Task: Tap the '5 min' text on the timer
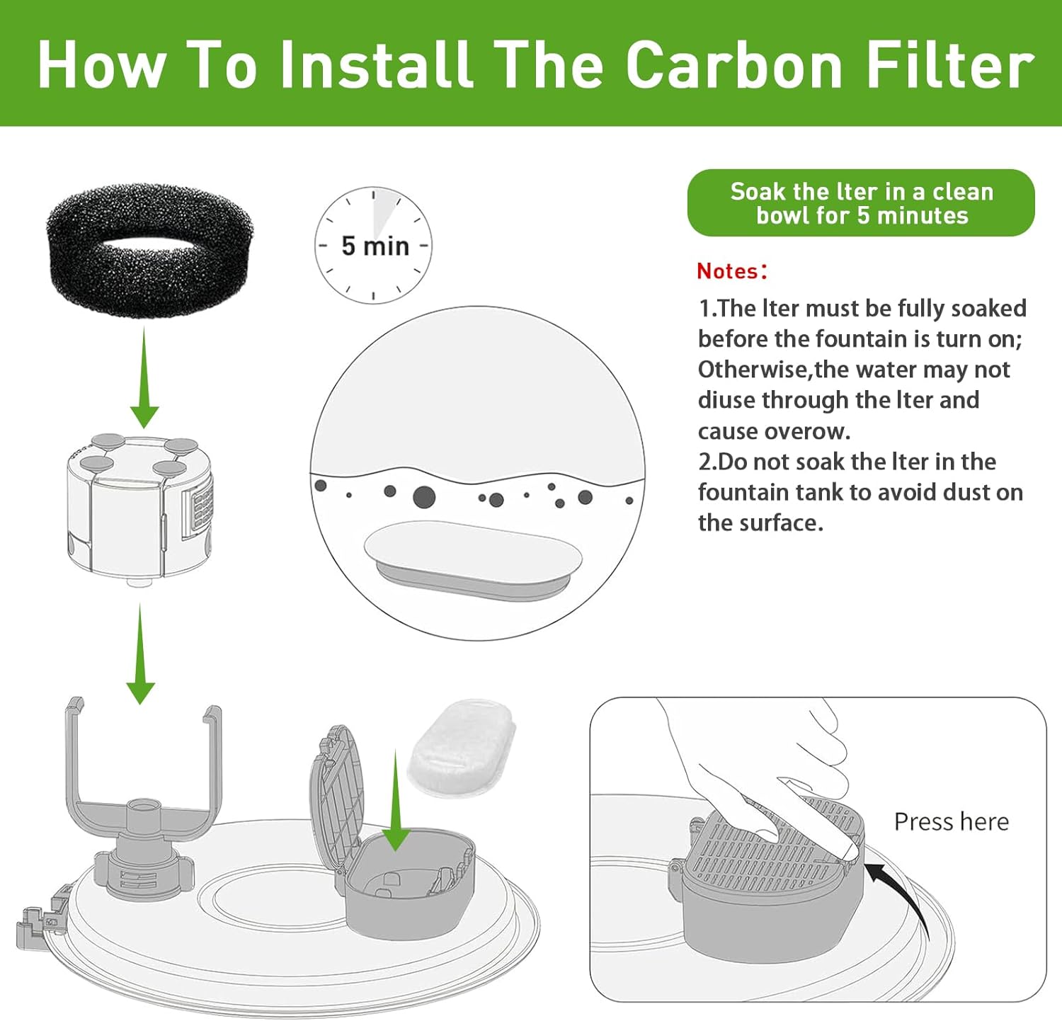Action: point(375,246)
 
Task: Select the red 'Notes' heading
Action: point(727,270)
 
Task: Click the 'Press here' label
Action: point(952,821)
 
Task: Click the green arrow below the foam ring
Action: point(144,377)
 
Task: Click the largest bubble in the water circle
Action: point(424,497)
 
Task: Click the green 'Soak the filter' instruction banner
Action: point(861,203)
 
